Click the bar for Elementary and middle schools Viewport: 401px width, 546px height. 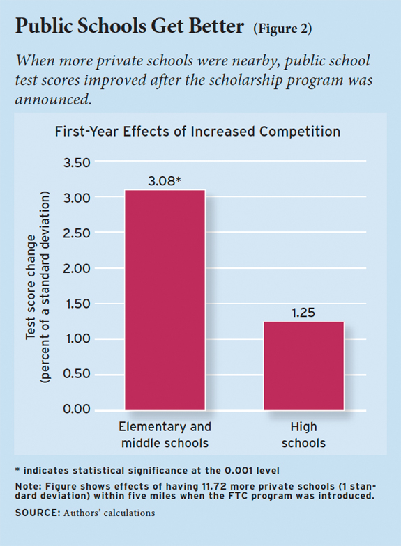165,299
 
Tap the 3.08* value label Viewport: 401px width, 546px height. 165,181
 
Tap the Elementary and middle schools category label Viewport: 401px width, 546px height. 165,434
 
